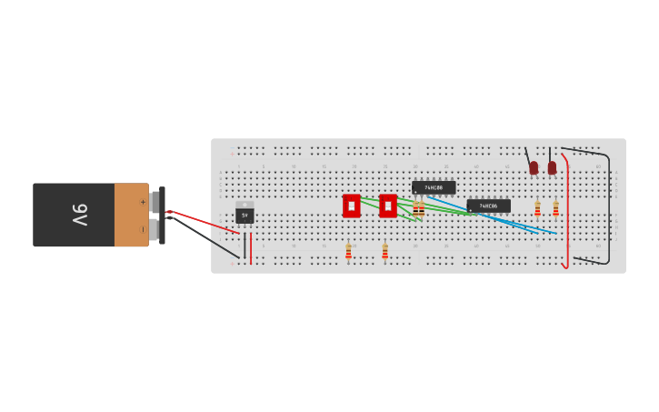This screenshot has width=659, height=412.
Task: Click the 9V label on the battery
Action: coord(79,215)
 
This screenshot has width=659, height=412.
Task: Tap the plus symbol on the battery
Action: coord(142,201)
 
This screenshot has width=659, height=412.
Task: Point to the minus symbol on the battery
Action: coord(142,229)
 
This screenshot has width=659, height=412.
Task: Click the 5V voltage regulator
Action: coord(245,216)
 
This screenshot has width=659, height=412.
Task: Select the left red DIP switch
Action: coord(352,206)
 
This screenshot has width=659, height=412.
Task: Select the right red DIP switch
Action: coord(388,206)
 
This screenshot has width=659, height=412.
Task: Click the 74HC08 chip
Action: coord(434,187)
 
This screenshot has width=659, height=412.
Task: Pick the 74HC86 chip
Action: coord(488,206)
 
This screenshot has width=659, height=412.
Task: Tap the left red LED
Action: coord(534,167)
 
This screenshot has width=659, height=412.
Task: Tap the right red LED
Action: coord(552,167)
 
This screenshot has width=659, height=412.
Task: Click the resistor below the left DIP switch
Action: coord(348,251)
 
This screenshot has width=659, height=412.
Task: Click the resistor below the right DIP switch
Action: coord(384,251)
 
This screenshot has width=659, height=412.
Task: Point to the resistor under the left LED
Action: coord(537,209)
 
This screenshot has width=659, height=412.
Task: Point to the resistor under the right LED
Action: coord(555,209)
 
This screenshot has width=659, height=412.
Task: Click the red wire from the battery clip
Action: coord(205,222)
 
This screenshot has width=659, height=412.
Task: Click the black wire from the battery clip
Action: coord(205,236)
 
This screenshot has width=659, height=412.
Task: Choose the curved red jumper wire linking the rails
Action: coord(568,209)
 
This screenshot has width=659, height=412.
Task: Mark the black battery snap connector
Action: coord(162,215)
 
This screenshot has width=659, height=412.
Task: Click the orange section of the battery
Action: coord(131,215)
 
